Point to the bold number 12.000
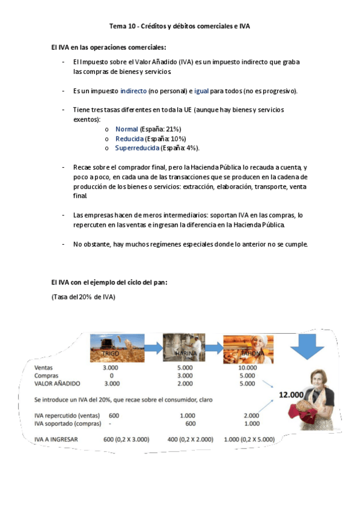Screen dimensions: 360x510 [290, 395]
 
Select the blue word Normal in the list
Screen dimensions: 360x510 [126, 129]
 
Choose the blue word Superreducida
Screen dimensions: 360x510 [137, 148]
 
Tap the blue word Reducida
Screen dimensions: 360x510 [130, 139]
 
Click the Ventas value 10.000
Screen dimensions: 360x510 [248, 367]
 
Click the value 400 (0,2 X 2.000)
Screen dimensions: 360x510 [191, 440]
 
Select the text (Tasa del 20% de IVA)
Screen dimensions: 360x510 [83, 297]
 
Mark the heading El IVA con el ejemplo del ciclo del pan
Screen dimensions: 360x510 [109, 282]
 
